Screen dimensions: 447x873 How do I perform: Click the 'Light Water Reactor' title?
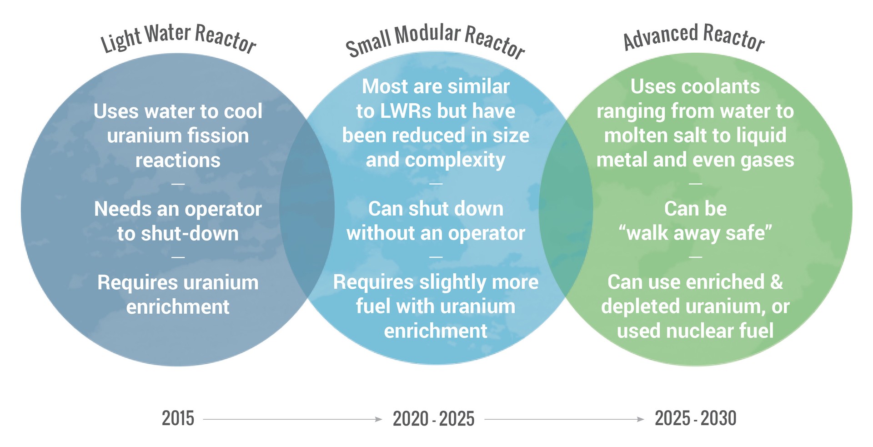pyautogui.click(x=178, y=38)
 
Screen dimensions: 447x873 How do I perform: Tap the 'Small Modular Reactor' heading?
pyautogui.click(x=435, y=41)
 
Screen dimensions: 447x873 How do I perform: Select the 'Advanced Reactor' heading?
pyautogui.click(x=694, y=36)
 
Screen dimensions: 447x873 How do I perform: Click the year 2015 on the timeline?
pyautogui.click(x=178, y=418)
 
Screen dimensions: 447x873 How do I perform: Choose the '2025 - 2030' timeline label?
pyautogui.click(x=695, y=418)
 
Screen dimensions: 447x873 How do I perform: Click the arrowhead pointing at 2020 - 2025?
pyautogui.click(x=378, y=419)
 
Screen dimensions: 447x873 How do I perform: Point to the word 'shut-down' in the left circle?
pyautogui.click(x=190, y=234)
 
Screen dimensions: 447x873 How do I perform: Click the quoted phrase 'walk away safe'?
pyautogui.click(x=695, y=233)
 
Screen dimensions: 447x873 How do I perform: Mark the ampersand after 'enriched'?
pyautogui.click(x=777, y=282)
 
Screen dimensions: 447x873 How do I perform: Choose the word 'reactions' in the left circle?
pyautogui.click(x=178, y=161)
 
